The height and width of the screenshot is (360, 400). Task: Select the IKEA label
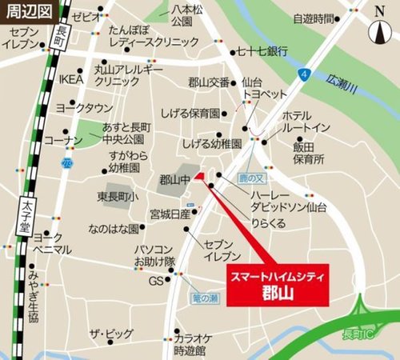(70, 79)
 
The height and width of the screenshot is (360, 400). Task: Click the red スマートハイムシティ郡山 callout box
(275, 283)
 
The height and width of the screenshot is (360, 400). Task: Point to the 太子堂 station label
(26, 202)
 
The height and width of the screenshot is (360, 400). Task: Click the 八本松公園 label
(187, 14)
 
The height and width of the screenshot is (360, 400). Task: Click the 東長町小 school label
(118, 197)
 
